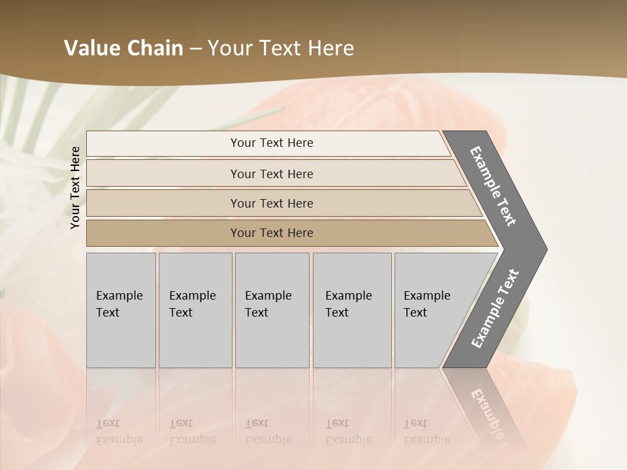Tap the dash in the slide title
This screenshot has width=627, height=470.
click(195, 49)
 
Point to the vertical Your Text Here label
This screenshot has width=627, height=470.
click(75, 187)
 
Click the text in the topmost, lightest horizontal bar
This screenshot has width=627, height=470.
click(272, 143)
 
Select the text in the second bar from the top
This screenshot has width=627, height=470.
click(272, 174)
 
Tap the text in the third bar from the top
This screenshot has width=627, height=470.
click(272, 204)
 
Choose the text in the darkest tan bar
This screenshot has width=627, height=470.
click(272, 233)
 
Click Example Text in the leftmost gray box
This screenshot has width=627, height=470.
click(119, 304)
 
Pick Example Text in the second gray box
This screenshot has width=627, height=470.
click(192, 304)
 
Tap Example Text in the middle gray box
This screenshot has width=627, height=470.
click(268, 304)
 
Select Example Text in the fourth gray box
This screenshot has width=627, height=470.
click(348, 304)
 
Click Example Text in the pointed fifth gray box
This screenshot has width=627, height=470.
click(426, 304)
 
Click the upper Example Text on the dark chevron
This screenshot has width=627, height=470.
click(493, 186)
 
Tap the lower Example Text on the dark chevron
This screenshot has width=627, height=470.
click(495, 308)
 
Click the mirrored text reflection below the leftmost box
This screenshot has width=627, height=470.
click(119, 431)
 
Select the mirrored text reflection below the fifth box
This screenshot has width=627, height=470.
click(426, 431)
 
